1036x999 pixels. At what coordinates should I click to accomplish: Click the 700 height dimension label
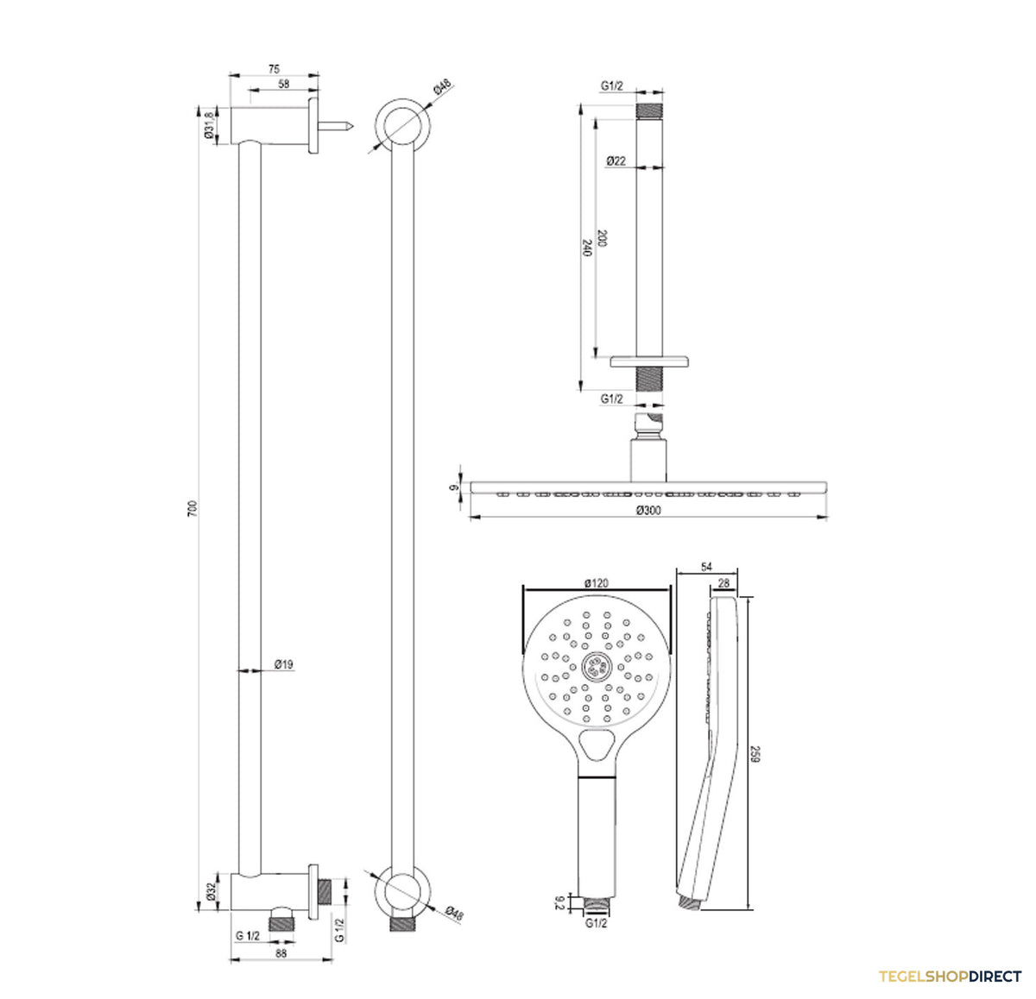coord(193,507)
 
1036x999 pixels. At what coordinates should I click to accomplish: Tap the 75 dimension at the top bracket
coord(274,69)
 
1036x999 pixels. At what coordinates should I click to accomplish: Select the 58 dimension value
coord(284,84)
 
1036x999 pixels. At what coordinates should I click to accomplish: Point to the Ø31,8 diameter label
coord(210,126)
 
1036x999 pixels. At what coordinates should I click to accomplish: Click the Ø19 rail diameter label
coord(284,664)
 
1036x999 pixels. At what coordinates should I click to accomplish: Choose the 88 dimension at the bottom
coord(281,954)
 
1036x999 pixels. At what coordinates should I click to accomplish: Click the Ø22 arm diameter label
coord(616,160)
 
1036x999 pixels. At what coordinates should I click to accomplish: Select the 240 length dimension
coord(586,248)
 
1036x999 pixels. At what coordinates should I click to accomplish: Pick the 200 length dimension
coord(602,238)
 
